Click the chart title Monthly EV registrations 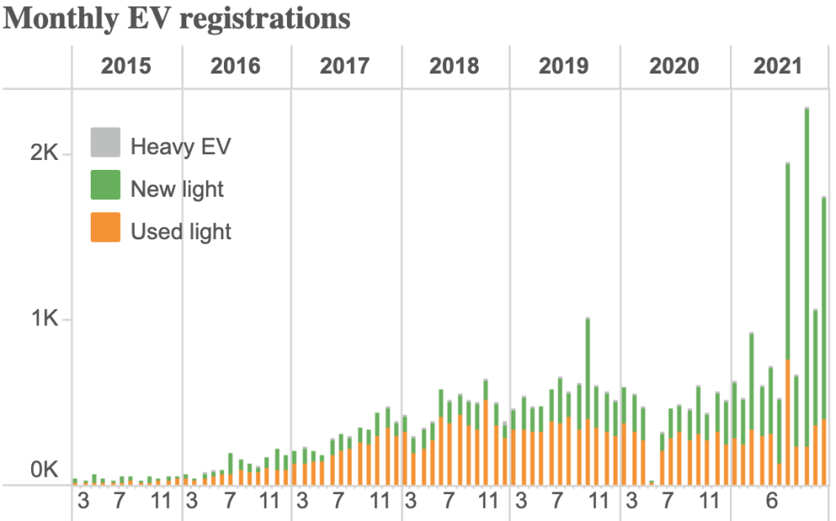click(177, 19)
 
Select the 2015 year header click(126, 66)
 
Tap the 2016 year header click(235, 66)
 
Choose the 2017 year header click(345, 66)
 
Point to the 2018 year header click(454, 66)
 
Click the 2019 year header click(564, 66)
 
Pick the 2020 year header click(674, 66)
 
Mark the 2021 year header click(778, 66)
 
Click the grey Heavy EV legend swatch click(105, 144)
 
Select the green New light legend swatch click(105, 186)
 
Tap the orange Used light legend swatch click(105, 229)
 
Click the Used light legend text click(181, 231)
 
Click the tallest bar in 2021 click(806, 294)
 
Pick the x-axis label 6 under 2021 click(770, 500)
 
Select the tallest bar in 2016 click(230, 469)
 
